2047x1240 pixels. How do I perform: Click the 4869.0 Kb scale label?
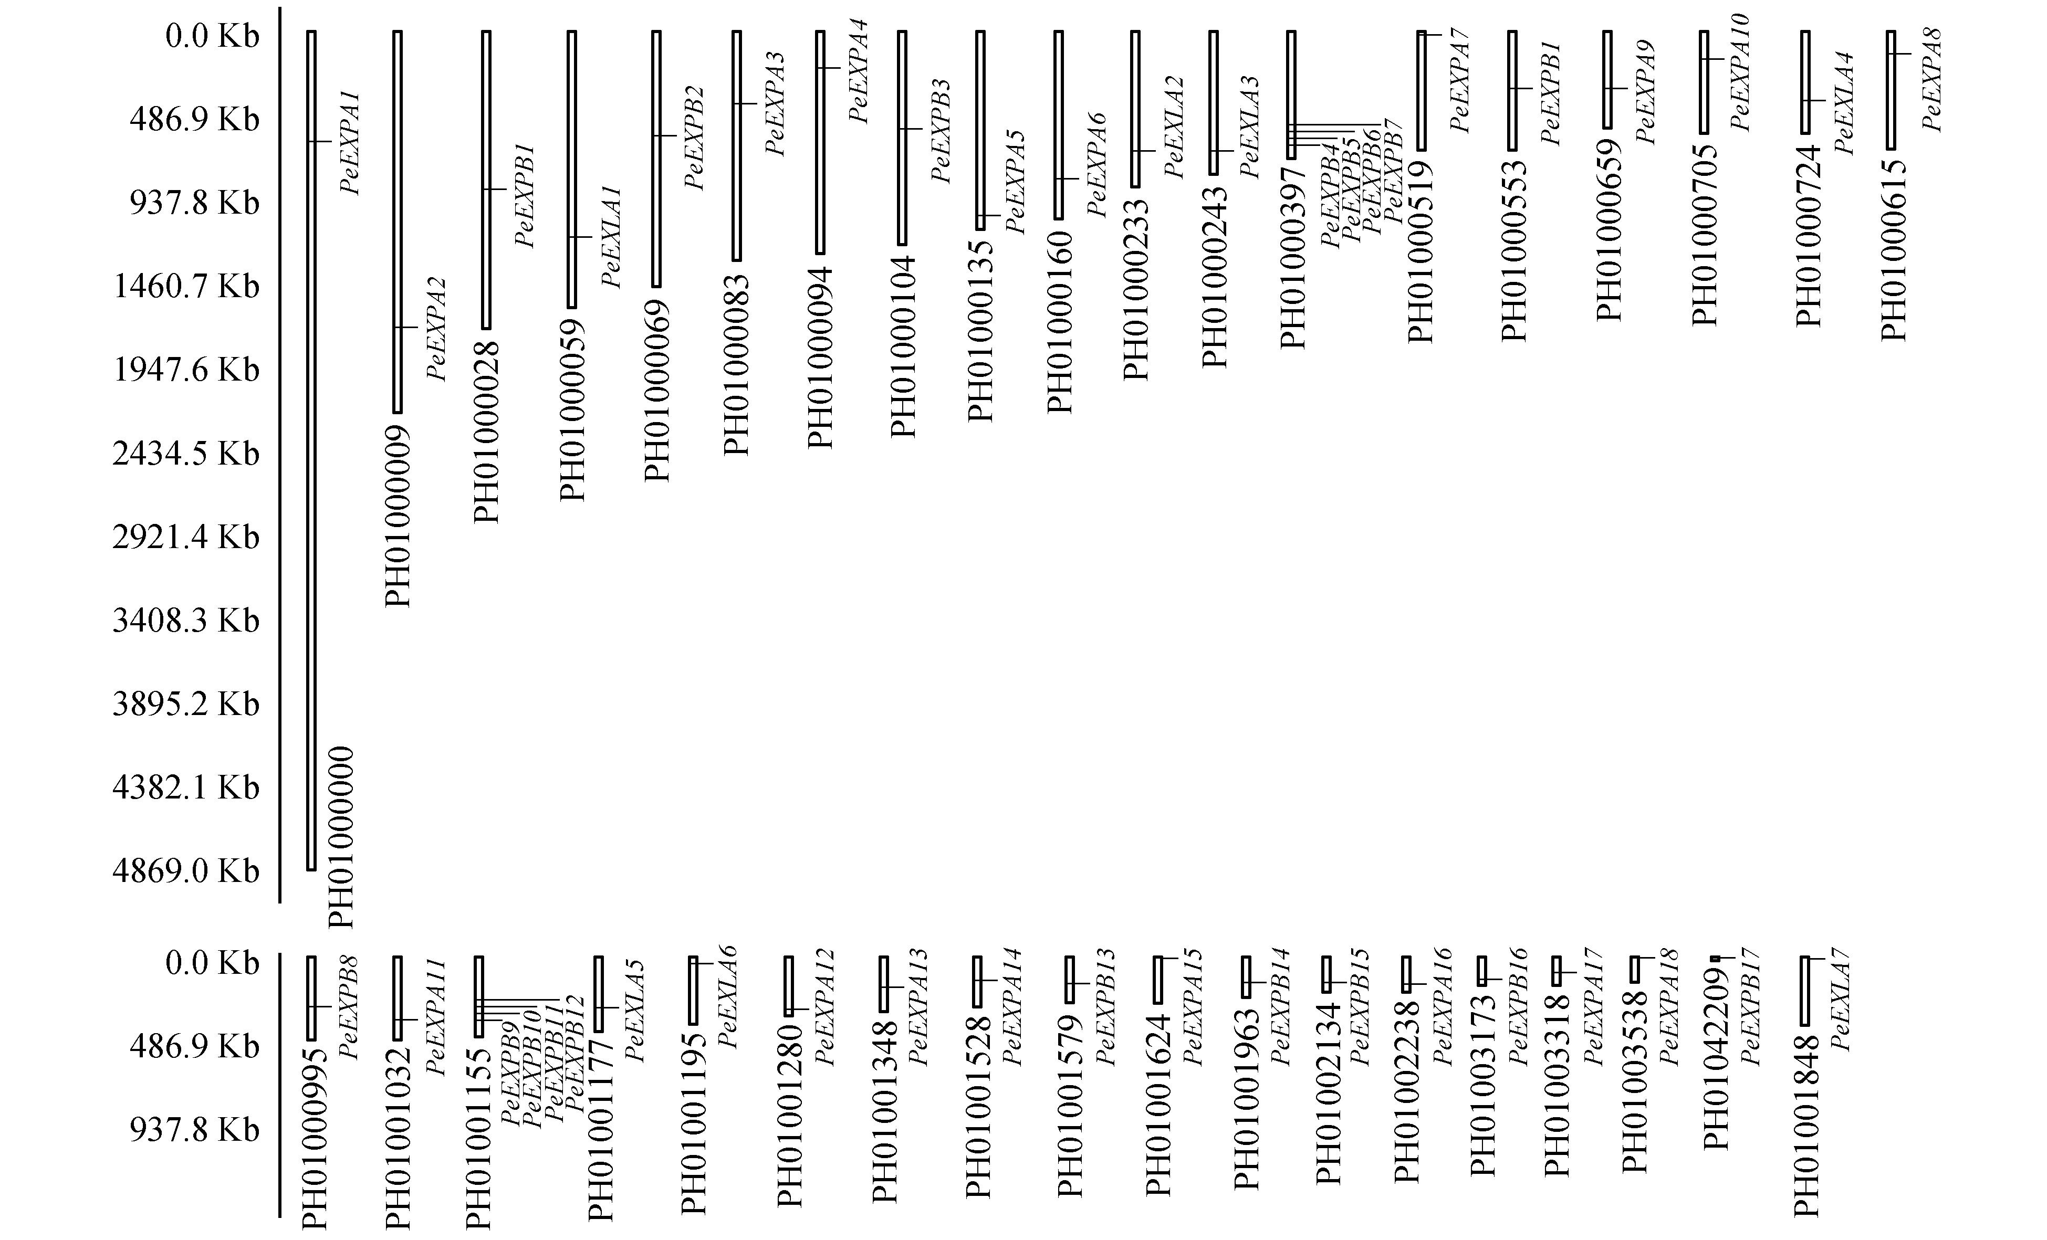pyautogui.click(x=185, y=870)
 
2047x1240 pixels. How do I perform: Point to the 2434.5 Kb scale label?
pyautogui.click(x=185, y=454)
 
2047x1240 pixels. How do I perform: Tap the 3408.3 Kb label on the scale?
pyautogui.click(x=185, y=621)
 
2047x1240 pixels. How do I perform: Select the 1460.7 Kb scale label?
pyautogui.click(x=185, y=287)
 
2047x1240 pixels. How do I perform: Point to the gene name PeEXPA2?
pyautogui.click(x=436, y=329)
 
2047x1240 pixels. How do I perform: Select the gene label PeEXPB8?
pyautogui.click(x=350, y=1007)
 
